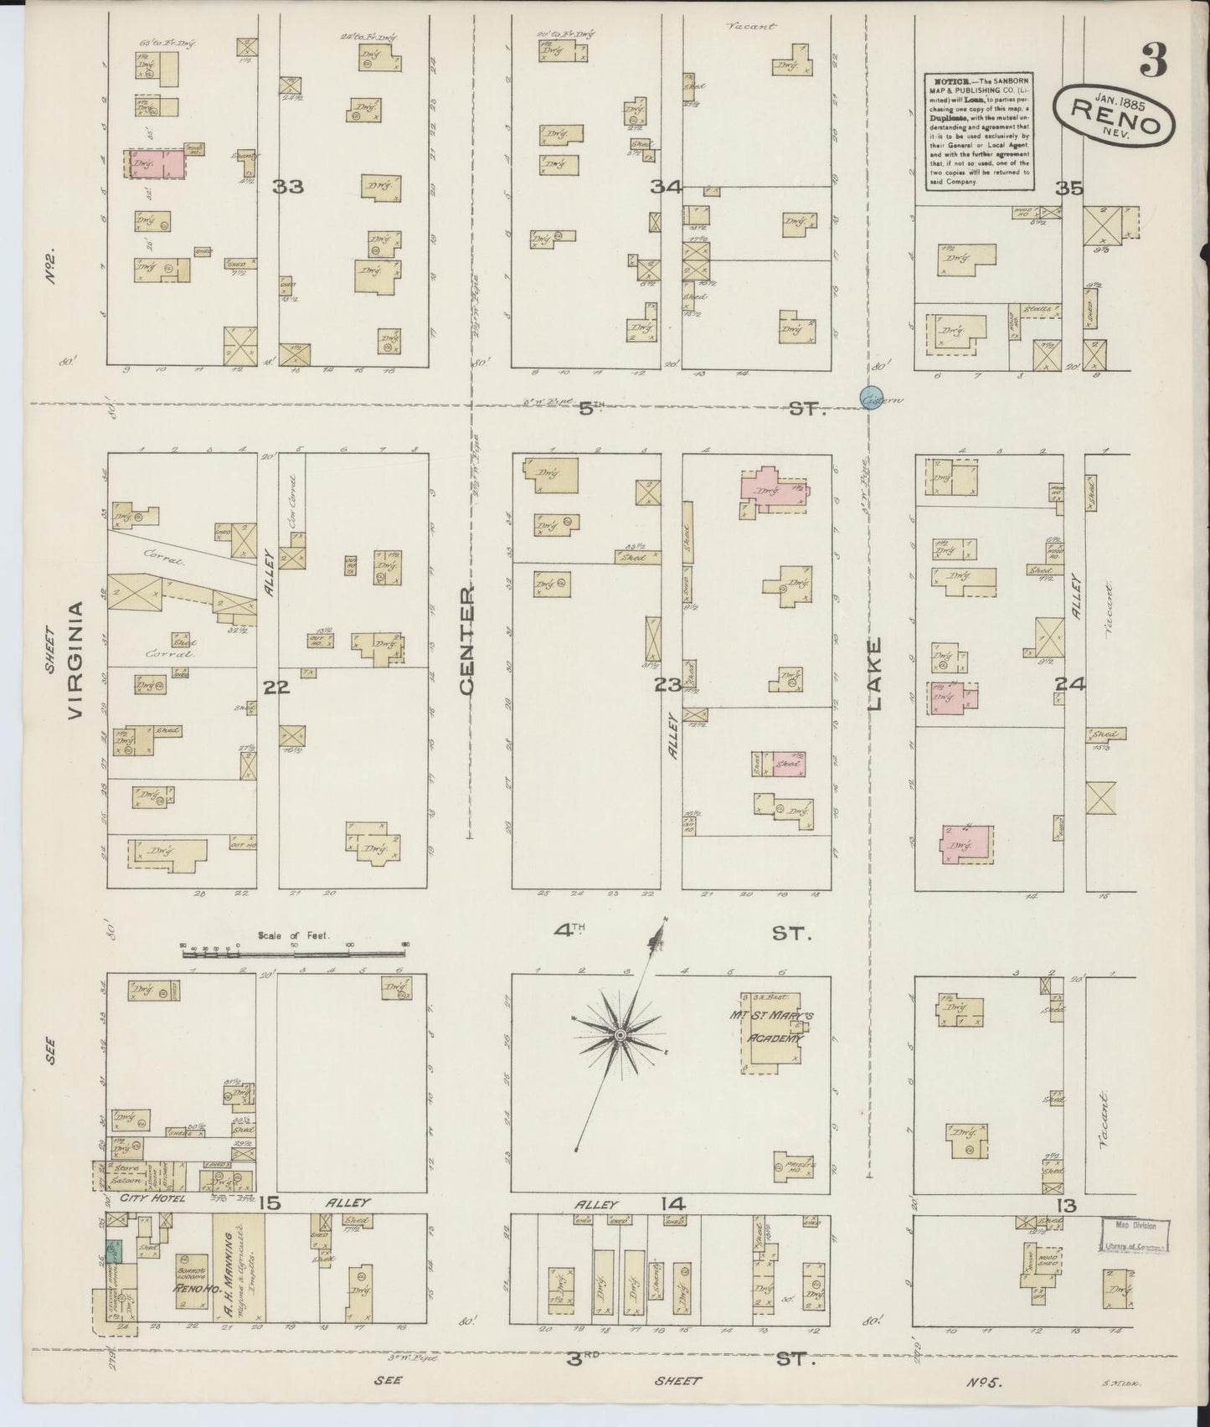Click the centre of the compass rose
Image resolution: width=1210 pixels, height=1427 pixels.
620,1036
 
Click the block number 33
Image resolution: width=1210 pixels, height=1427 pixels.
287,187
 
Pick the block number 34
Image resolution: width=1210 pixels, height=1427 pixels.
668,187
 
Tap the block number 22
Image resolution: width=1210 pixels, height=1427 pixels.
275,688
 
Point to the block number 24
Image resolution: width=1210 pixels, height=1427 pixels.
1069,684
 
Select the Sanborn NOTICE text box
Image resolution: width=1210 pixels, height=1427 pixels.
977,131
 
